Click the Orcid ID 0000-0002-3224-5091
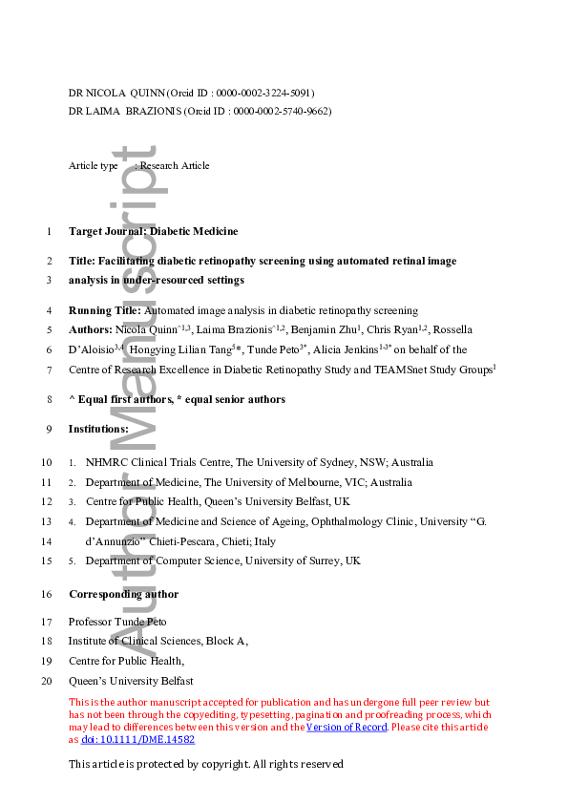click(265, 93)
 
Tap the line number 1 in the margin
click(49, 231)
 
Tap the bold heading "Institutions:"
click(98, 429)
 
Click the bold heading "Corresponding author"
click(123, 594)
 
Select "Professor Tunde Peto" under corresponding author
click(116, 622)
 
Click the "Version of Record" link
click(346, 728)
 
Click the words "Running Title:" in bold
click(104, 310)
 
